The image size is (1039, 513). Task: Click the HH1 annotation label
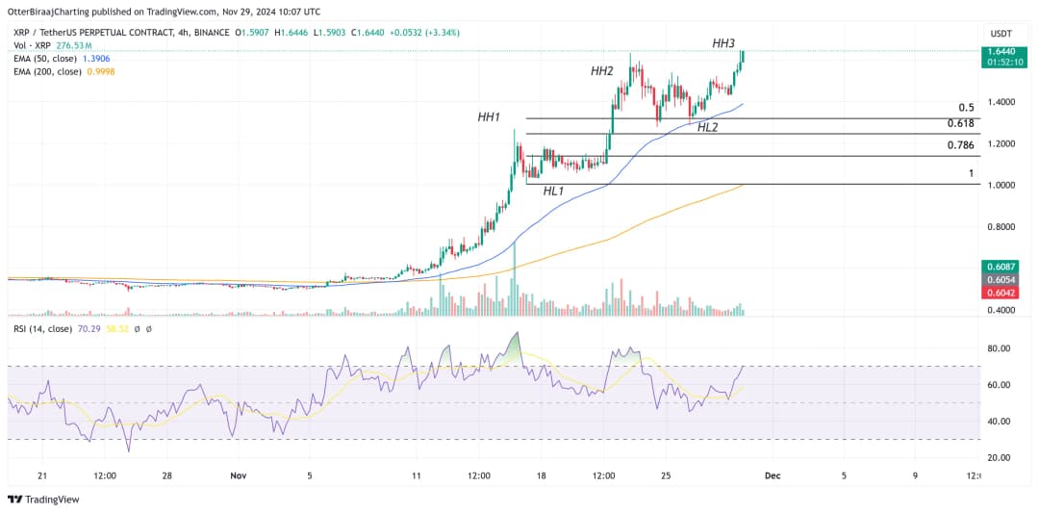point(489,117)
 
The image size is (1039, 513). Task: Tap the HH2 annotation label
point(602,71)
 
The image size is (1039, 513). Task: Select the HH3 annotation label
point(723,43)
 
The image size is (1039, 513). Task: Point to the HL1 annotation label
point(553,192)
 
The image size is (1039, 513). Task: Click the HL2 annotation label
point(707,127)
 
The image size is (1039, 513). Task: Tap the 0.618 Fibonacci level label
point(960,123)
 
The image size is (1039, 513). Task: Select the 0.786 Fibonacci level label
point(960,145)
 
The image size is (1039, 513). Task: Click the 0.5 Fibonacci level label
point(967,108)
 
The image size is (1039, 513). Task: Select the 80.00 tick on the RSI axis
point(1001,348)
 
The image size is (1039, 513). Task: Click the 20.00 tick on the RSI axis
point(1001,458)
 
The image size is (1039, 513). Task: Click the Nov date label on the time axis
point(239,475)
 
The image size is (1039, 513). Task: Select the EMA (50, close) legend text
point(47,58)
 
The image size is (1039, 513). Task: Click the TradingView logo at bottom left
point(43,500)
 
